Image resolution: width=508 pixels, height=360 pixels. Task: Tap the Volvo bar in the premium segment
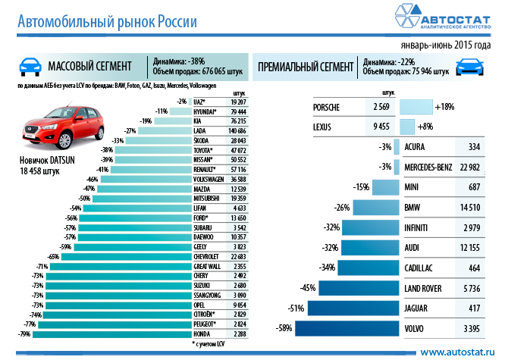pyautogui.click(x=347, y=328)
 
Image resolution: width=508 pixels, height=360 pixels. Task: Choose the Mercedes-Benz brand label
pyautogui.click(x=428, y=167)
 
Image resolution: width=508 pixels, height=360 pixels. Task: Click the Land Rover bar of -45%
pyautogui.click(x=358, y=288)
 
